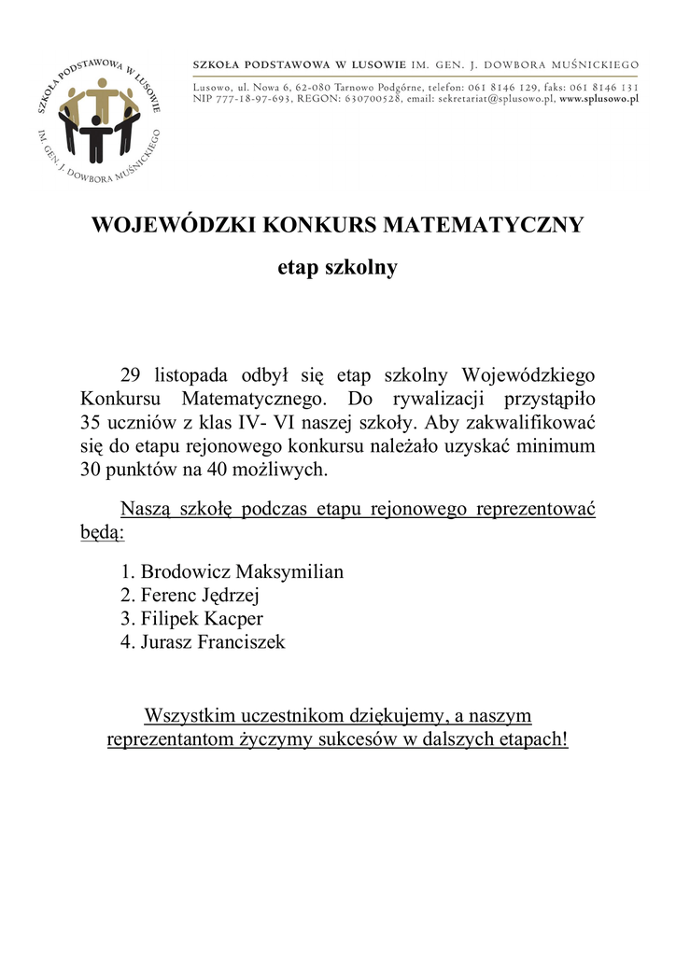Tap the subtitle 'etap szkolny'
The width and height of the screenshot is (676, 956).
tap(337, 268)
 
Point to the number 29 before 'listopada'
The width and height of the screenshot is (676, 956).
tap(131, 375)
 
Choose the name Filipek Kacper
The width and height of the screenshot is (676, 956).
tap(202, 619)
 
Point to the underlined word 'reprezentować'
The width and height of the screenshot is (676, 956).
tap(536, 510)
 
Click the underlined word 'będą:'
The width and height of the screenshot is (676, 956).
tap(102, 534)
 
